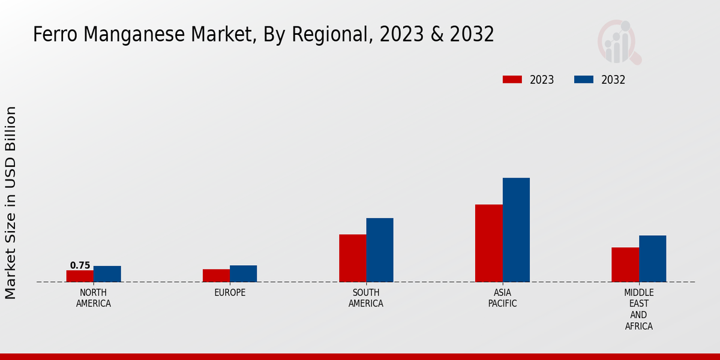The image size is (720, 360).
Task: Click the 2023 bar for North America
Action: pyautogui.click(x=80, y=276)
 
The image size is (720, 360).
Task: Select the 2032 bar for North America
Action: pyautogui.click(x=107, y=274)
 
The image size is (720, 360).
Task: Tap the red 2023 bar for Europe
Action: pyautogui.click(x=216, y=275)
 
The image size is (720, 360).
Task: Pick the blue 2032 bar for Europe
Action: pyautogui.click(x=243, y=274)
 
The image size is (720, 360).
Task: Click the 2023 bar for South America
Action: pyautogui.click(x=352, y=258)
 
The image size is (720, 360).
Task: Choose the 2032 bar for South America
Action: pyautogui.click(x=380, y=250)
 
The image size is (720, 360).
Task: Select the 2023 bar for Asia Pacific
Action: pyautogui.click(x=488, y=243)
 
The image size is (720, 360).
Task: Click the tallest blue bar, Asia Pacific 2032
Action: pyautogui.click(x=516, y=230)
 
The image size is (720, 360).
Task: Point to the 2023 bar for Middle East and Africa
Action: pyautogui.click(x=625, y=265)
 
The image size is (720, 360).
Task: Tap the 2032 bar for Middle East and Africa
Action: pyautogui.click(x=652, y=259)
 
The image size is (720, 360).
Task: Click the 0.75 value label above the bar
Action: pyautogui.click(x=80, y=265)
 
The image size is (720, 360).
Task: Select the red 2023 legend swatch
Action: pyautogui.click(x=512, y=80)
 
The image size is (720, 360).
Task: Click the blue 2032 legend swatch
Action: pyautogui.click(x=584, y=80)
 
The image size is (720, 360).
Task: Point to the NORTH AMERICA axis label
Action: pyautogui.click(x=94, y=298)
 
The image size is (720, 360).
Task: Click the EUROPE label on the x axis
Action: pyautogui.click(x=230, y=293)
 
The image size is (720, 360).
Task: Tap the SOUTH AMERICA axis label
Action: pyautogui.click(x=366, y=298)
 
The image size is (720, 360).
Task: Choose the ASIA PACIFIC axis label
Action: pyautogui.click(x=502, y=298)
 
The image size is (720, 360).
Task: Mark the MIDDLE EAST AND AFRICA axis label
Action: pyautogui.click(x=638, y=310)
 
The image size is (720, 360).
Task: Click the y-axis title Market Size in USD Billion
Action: pyautogui.click(x=11, y=203)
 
